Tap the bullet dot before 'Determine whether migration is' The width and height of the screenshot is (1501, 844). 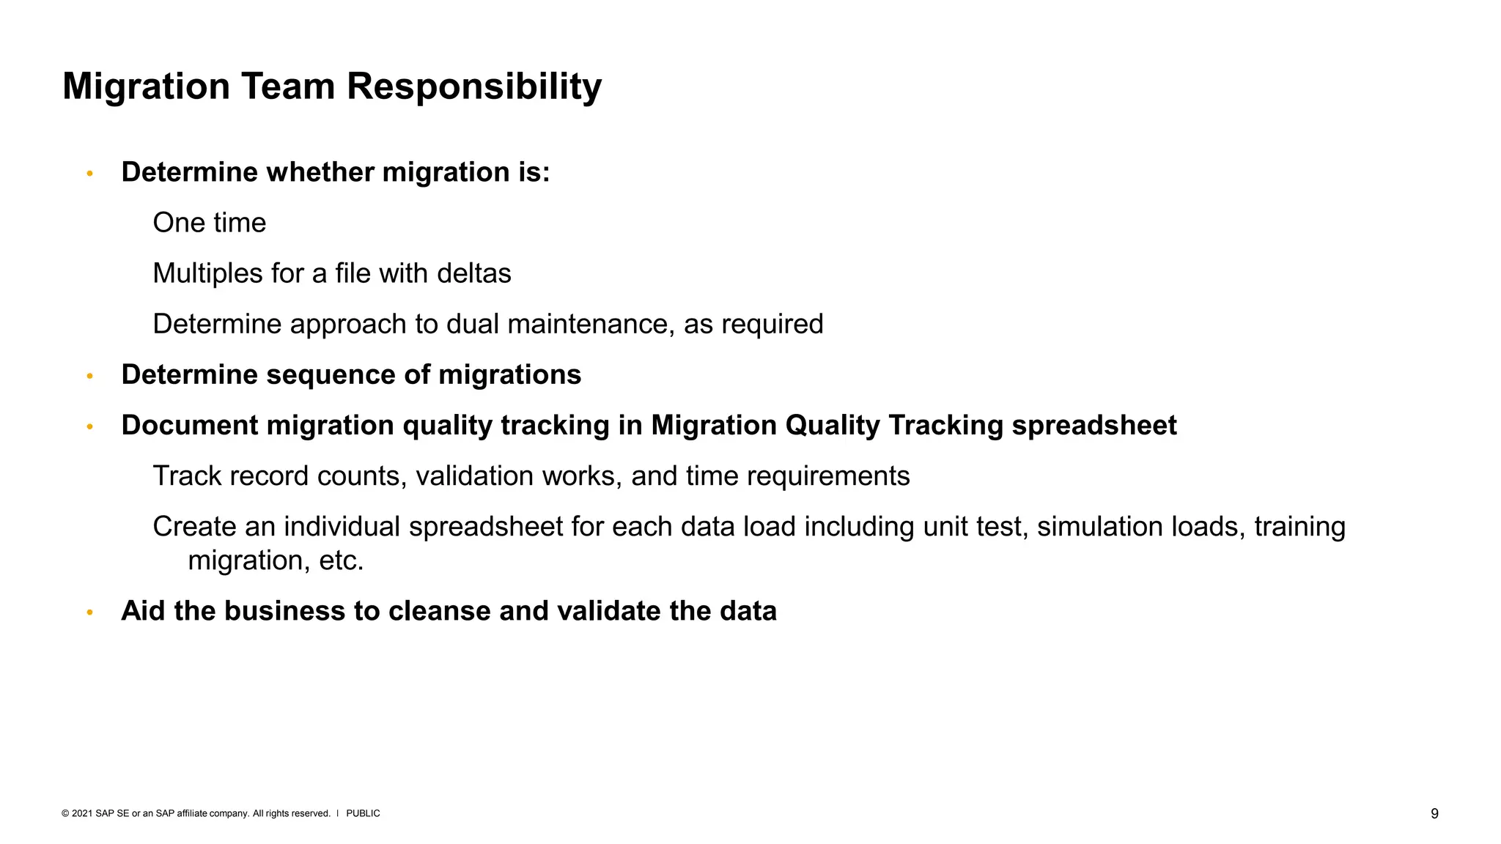[90, 174]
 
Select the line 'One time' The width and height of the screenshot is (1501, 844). [209, 223]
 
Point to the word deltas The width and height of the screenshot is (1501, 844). [473, 273]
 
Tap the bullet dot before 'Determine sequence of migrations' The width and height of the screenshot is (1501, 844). [90, 376]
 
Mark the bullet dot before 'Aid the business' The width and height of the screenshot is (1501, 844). [90, 612]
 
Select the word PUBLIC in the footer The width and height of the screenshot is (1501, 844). [363, 813]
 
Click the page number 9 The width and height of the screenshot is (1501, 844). [1434, 813]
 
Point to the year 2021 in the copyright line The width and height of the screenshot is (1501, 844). [82, 813]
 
